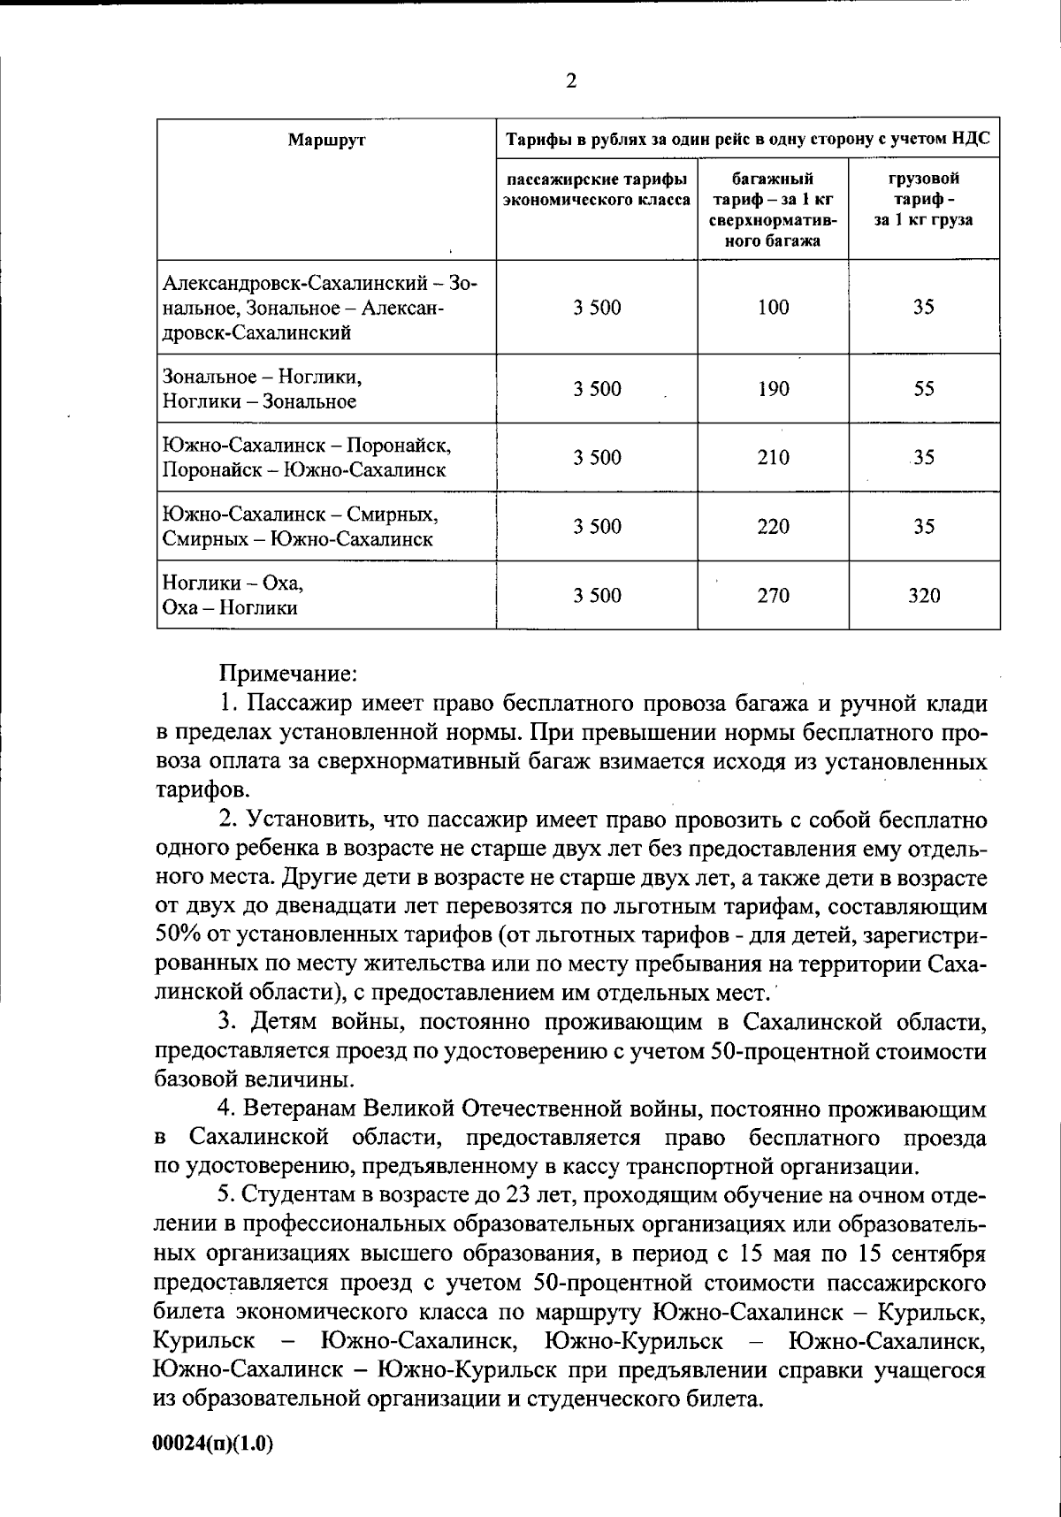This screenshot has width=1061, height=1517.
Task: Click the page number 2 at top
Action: [570, 81]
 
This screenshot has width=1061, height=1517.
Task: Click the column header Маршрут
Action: [326, 139]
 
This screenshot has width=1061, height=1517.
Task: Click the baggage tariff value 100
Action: [773, 308]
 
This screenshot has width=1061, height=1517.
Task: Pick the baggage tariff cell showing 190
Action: [773, 389]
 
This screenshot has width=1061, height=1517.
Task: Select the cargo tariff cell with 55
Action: [924, 389]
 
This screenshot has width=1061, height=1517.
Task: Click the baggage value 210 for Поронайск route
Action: [773, 458]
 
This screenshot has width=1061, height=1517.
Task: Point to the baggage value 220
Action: [773, 527]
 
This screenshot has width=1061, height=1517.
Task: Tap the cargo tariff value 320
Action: [924, 596]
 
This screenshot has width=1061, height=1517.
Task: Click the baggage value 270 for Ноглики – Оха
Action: [773, 596]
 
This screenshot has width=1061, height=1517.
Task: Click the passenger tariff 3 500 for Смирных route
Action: [597, 527]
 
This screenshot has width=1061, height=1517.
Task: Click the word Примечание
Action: [287, 673]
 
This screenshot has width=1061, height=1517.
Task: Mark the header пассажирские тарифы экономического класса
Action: [597, 189]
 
